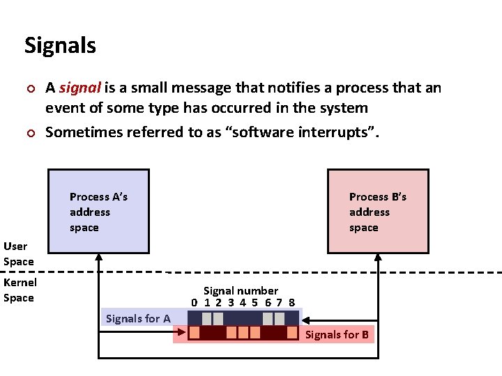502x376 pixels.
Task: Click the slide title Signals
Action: pos(60,46)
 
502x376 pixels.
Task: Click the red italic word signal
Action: pos(80,88)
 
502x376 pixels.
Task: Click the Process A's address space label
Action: pos(98,212)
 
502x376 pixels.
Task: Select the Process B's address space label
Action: pos(377,212)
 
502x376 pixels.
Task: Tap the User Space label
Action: pos(18,253)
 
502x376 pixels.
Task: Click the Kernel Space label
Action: pos(20,290)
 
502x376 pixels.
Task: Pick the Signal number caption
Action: pos(241,290)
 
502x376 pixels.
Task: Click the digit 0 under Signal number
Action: pos(195,302)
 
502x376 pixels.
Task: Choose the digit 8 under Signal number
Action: pos(291,302)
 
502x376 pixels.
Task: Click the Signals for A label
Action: pos(137,318)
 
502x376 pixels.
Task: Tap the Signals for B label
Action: pos(337,335)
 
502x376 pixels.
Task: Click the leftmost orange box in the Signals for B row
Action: pos(195,334)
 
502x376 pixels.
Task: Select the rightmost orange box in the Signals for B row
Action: pos(293,334)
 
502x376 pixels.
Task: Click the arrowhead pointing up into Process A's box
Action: pos(98,256)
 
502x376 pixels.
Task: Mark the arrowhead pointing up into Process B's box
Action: pos(378,256)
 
